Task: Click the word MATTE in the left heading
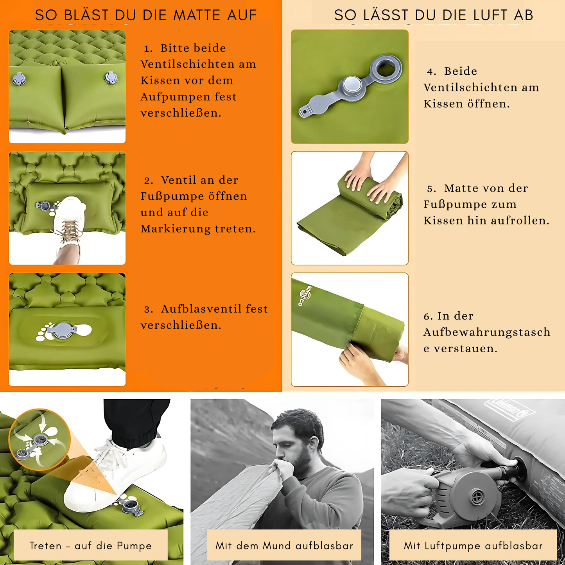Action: [197, 15]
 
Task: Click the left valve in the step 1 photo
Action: [19, 79]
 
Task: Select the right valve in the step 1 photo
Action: [111, 77]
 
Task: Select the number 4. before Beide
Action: [431, 72]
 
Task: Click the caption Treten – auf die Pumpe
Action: [91, 545]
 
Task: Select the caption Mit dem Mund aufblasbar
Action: [284, 545]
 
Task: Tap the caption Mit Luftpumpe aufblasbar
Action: [473, 545]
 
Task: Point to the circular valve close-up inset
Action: [39, 440]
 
